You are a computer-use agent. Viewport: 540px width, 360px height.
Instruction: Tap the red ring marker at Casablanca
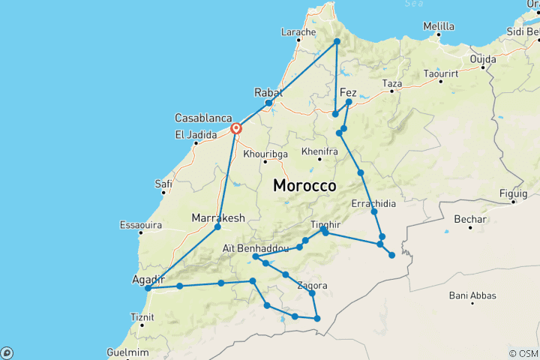point(236,129)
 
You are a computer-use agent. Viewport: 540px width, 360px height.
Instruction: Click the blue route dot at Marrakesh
point(217,226)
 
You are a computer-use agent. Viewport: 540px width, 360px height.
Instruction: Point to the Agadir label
point(148,279)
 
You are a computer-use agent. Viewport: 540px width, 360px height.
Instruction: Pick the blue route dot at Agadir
point(148,288)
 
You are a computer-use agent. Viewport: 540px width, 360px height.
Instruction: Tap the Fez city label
point(348,93)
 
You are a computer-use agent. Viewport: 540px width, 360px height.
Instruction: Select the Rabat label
point(268,91)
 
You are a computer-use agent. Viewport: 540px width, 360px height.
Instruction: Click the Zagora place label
point(312,285)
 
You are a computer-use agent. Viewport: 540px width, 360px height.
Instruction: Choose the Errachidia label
point(373,202)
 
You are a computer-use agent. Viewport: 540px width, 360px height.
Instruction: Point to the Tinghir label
point(325,224)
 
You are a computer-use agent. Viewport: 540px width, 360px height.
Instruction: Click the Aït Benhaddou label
point(256,247)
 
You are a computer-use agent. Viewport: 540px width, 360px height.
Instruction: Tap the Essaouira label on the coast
point(142,224)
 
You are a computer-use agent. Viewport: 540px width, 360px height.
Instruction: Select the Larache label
point(298,32)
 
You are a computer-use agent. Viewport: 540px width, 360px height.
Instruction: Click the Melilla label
point(439,26)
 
